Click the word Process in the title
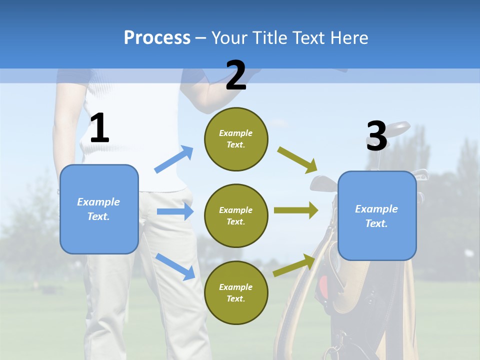point(157,38)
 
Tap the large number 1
point(99,128)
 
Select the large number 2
point(236,76)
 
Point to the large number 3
point(376,136)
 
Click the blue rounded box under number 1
point(99,209)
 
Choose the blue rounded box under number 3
point(377,216)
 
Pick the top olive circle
point(236,139)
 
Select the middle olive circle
point(236,216)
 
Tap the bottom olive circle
point(236,293)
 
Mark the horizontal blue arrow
point(175,211)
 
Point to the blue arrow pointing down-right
point(175,266)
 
